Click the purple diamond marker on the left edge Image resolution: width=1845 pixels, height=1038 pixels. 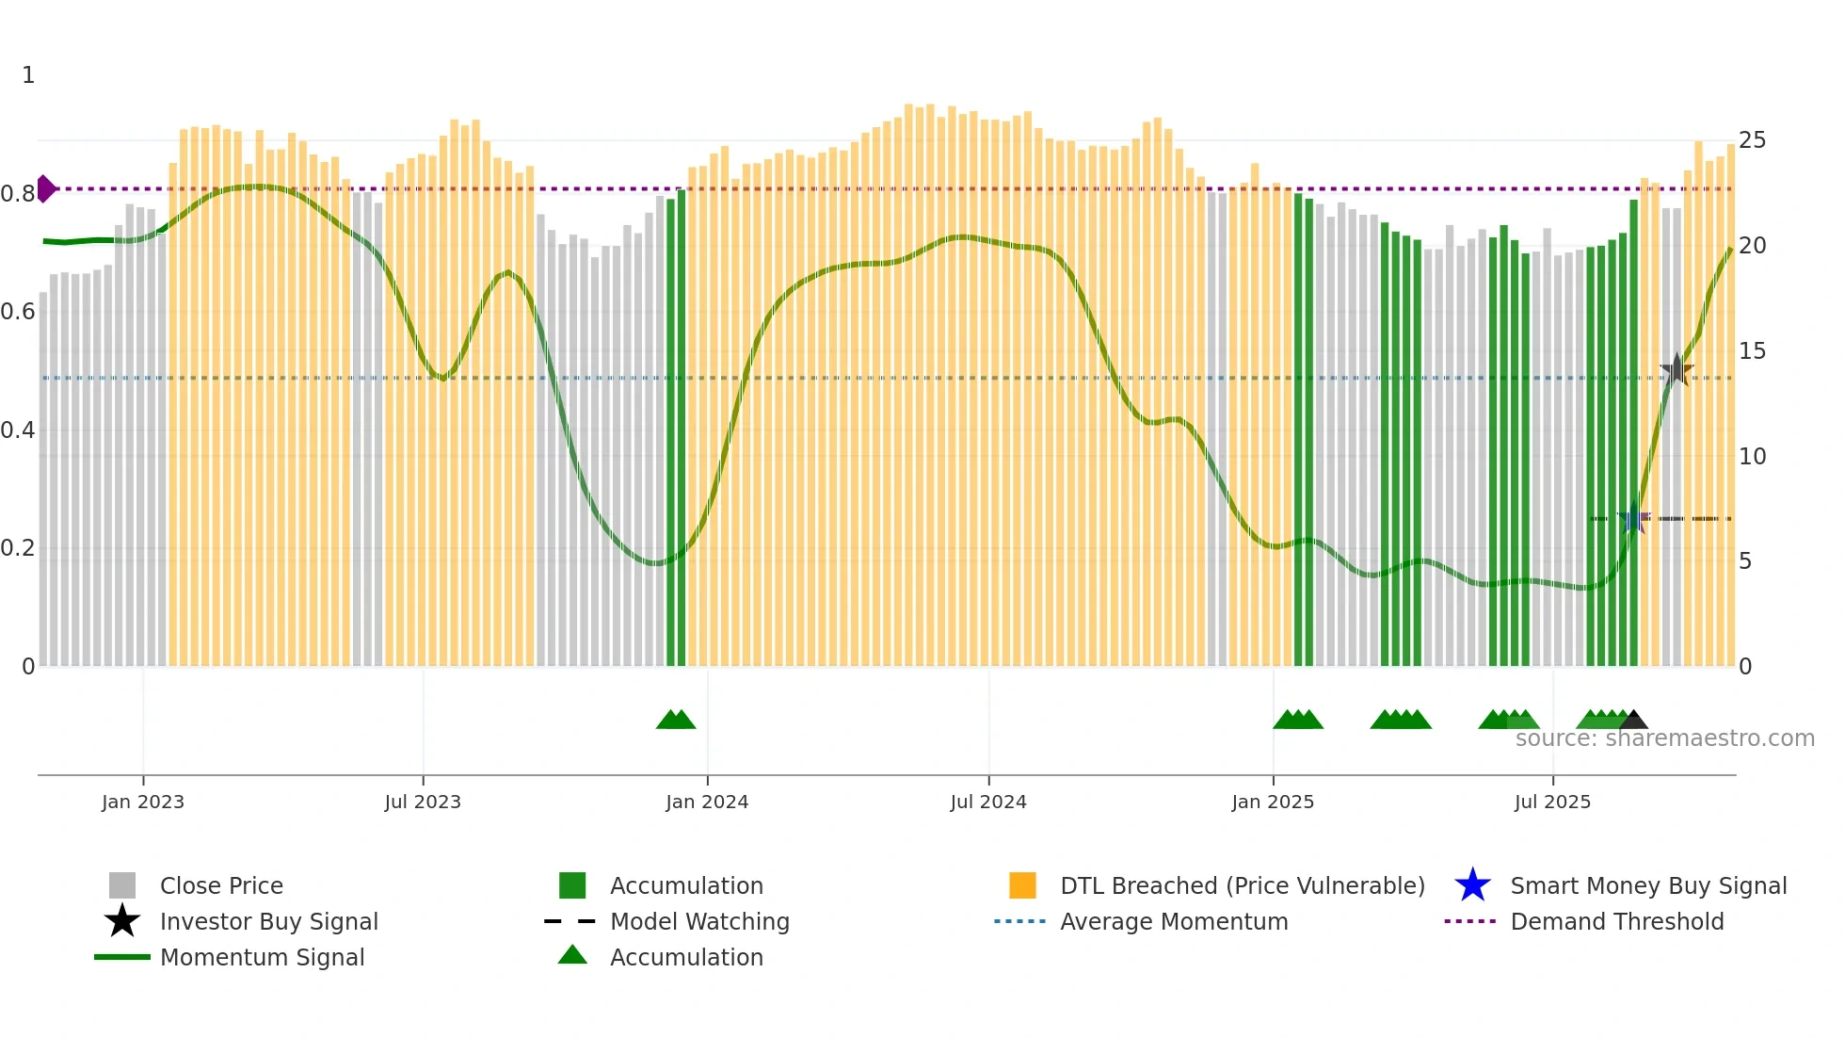(45, 188)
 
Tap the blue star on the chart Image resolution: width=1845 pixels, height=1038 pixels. (1633, 519)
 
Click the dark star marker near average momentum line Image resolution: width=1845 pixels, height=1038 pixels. (1677, 370)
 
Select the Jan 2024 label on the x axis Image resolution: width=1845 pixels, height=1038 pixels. (707, 803)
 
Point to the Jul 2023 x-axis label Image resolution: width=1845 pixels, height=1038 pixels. (423, 803)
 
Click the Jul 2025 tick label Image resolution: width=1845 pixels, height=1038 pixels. (1552, 803)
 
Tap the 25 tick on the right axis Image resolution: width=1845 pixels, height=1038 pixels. (1752, 140)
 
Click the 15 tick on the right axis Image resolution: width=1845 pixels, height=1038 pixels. (1752, 351)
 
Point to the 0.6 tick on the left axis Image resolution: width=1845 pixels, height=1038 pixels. (18, 312)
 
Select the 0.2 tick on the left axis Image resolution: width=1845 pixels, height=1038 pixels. (18, 548)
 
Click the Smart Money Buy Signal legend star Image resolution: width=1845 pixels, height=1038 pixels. (1472, 885)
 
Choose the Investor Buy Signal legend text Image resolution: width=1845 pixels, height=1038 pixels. (268, 921)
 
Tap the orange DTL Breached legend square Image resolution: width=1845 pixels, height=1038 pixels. (1022, 885)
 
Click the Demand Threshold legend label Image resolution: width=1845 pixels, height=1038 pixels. (1616, 921)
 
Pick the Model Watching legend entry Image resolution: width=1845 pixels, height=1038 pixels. (699, 921)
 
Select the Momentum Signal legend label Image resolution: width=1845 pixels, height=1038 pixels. (262, 957)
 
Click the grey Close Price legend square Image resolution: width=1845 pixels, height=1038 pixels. (122, 885)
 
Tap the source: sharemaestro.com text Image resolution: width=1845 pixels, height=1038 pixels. (1664, 738)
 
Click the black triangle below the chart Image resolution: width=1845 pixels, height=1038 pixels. (1633, 721)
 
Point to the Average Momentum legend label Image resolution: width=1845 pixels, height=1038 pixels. (1174, 921)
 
